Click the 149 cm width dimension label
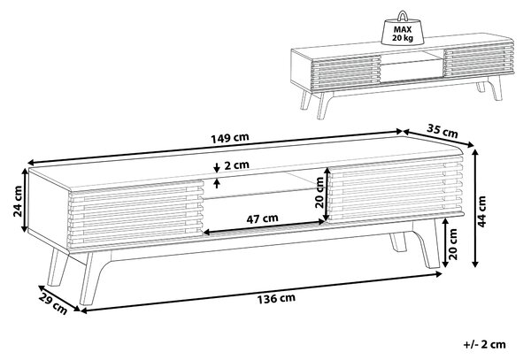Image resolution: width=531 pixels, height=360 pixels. point(230,138)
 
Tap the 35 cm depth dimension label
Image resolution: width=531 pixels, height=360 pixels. point(442,131)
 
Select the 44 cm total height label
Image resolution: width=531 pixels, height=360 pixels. point(482,211)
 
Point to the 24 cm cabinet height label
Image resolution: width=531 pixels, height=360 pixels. point(18,201)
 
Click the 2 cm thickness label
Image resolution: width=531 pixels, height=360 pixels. point(236,165)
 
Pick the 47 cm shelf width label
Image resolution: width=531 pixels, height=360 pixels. point(262,218)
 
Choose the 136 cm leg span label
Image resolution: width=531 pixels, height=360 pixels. point(276,299)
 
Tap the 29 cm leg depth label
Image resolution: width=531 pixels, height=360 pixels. point(52,303)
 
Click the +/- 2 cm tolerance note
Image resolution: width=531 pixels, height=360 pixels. point(485,345)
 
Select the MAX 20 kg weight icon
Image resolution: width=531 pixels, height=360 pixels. point(403,29)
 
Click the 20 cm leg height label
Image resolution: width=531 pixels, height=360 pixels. point(452,244)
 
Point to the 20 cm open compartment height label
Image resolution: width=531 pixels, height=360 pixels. point(319,193)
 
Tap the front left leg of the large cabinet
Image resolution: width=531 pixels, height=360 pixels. point(91,278)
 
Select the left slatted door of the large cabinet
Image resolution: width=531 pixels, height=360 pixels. point(136,213)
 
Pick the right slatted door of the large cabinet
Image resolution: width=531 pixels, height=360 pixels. point(396,190)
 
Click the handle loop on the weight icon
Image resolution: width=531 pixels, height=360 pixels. point(403,16)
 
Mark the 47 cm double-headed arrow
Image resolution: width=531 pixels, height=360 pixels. point(264,227)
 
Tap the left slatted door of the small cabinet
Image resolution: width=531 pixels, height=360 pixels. point(346,72)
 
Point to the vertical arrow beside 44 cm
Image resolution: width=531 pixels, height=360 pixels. point(475,208)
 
